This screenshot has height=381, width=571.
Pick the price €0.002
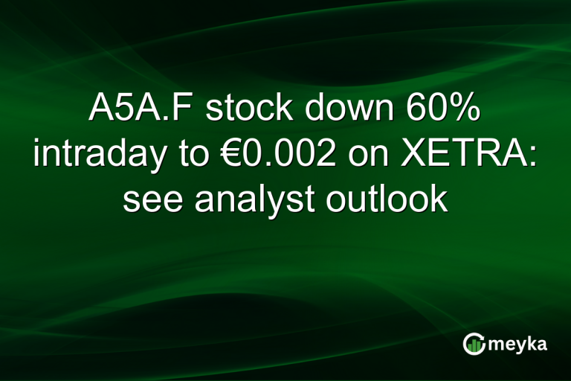[257, 155]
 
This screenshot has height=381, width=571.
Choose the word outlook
[394, 199]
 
